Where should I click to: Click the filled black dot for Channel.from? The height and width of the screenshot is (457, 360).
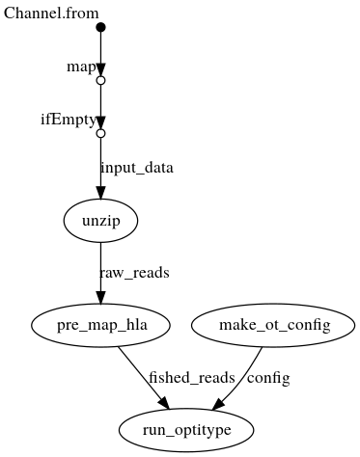pyautogui.click(x=100, y=27)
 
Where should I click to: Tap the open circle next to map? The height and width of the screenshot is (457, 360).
pyautogui.click(x=100, y=81)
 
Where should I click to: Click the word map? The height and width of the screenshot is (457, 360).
pyautogui.click(x=79, y=67)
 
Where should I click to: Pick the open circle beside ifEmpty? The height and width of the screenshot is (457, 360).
pyautogui.click(x=100, y=134)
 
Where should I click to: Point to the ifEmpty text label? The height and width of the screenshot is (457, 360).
pyautogui.click(x=68, y=120)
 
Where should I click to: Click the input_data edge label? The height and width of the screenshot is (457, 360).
pyautogui.click(x=137, y=168)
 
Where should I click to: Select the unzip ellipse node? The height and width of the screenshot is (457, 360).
pyautogui.click(x=100, y=222)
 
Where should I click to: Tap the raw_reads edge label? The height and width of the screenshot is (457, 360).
pyautogui.click(x=134, y=273)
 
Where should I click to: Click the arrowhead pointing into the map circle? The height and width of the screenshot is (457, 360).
pyautogui.click(x=100, y=70)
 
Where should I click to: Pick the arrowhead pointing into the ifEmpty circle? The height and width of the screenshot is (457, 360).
pyautogui.click(x=100, y=123)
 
